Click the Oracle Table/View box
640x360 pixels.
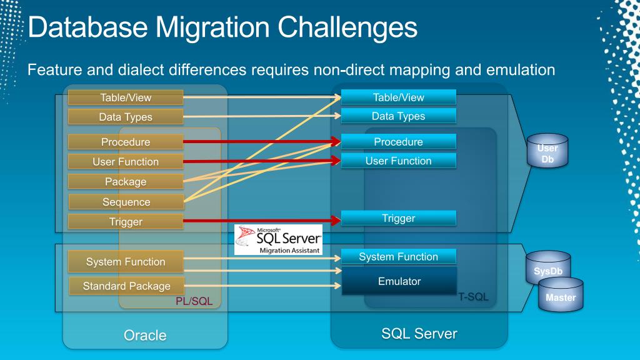[x=126, y=97]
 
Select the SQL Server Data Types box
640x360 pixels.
[x=398, y=116]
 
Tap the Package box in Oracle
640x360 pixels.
[x=126, y=182]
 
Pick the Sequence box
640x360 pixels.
[x=126, y=202]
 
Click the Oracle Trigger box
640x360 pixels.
[x=126, y=222]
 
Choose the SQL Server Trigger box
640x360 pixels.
[x=398, y=218]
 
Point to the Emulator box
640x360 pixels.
[x=399, y=281]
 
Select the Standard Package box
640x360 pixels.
[x=127, y=286]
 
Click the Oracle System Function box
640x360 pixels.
[x=126, y=262]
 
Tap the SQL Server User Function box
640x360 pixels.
[x=398, y=161]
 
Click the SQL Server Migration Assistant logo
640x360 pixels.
[x=278, y=239]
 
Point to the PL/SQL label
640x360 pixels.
[x=194, y=302]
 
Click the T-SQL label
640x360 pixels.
[x=473, y=297]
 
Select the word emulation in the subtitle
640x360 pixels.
[x=516, y=69]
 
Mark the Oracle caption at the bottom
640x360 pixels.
[x=145, y=335]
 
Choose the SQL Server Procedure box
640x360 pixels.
[x=398, y=142]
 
